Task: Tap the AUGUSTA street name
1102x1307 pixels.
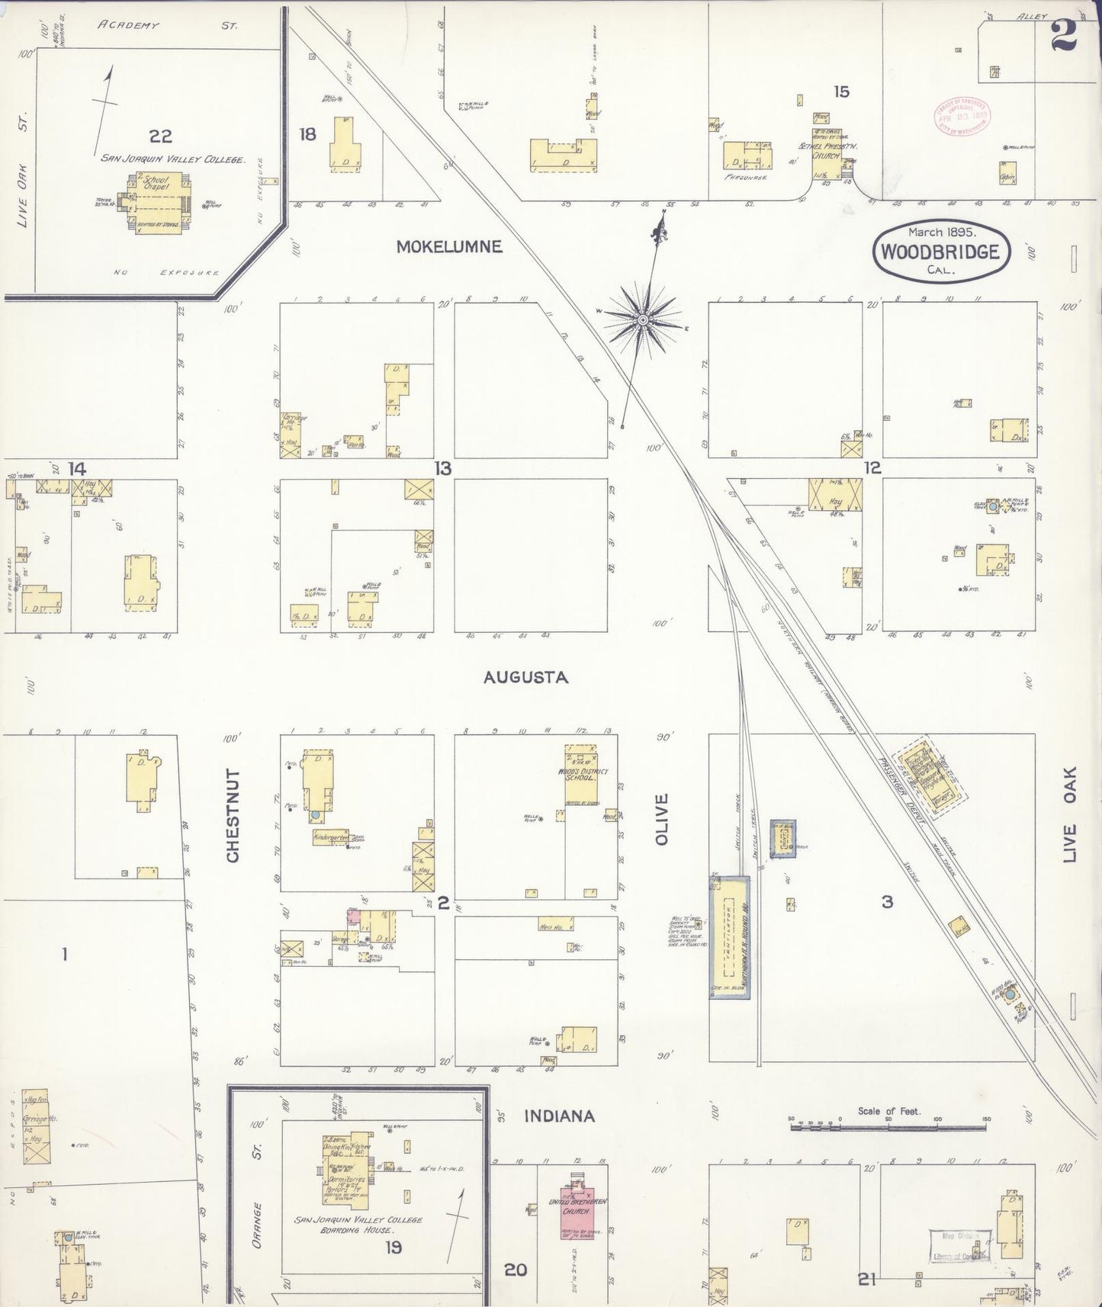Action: [526, 677]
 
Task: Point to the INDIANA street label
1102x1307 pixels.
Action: [559, 1116]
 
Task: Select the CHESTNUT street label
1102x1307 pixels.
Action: [233, 816]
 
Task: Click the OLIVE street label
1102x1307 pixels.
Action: [661, 819]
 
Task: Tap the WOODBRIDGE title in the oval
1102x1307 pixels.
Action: [940, 252]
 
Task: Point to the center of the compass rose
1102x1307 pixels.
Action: [644, 319]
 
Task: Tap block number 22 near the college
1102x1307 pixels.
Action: [160, 136]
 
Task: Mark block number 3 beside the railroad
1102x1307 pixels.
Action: [887, 902]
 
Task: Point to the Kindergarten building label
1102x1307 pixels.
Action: [331, 837]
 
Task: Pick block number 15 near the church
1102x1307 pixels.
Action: [840, 92]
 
